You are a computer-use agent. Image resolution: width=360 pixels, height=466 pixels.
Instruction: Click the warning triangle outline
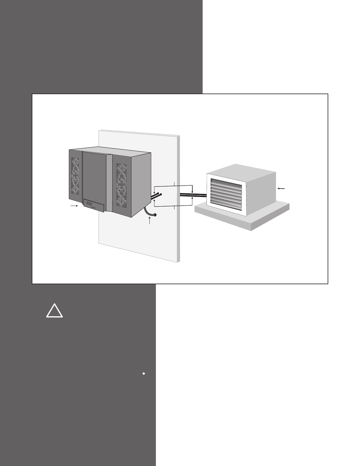tap(54, 312)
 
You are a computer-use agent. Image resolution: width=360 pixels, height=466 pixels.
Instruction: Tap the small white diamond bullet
tap(144, 373)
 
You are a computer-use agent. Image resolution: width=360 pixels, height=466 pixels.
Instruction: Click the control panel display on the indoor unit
tap(94, 205)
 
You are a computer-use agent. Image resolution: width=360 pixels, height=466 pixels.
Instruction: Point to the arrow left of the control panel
tap(74, 206)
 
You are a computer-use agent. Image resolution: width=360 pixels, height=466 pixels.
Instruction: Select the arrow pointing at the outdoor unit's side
tap(281, 188)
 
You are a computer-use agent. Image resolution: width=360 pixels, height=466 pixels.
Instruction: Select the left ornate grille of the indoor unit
tap(76, 175)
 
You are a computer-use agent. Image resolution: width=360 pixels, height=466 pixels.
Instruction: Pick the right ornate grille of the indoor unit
tap(121, 185)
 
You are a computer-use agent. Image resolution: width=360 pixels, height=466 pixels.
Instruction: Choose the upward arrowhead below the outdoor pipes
tap(192, 198)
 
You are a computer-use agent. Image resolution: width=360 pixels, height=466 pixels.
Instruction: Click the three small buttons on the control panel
tap(94, 208)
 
